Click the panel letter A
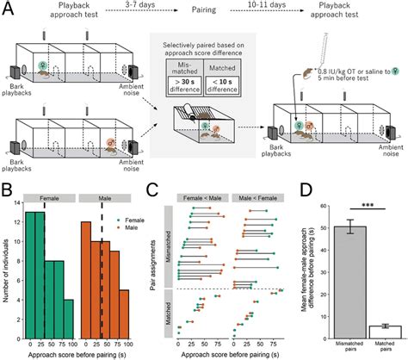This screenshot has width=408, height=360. pos(7,8)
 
